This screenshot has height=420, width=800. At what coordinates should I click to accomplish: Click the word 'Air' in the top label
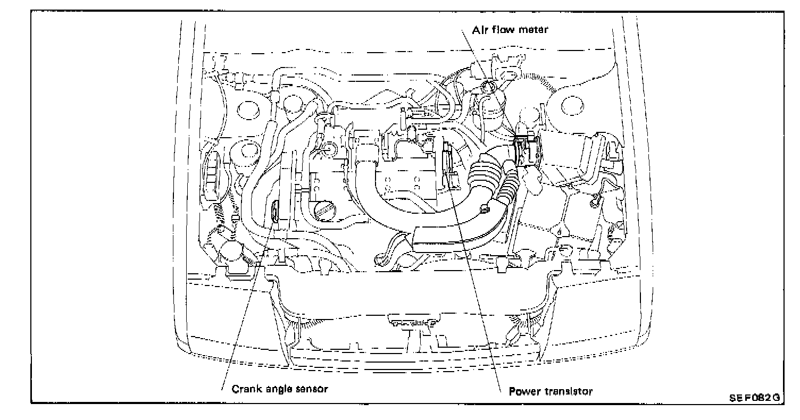pyautogui.click(x=479, y=30)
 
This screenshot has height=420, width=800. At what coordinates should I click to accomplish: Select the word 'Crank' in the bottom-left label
pyautogui.click(x=246, y=389)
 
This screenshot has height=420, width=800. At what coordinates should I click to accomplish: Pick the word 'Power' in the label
pyautogui.click(x=522, y=392)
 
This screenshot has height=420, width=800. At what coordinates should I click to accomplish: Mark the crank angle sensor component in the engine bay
pyautogui.click(x=275, y=212)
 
